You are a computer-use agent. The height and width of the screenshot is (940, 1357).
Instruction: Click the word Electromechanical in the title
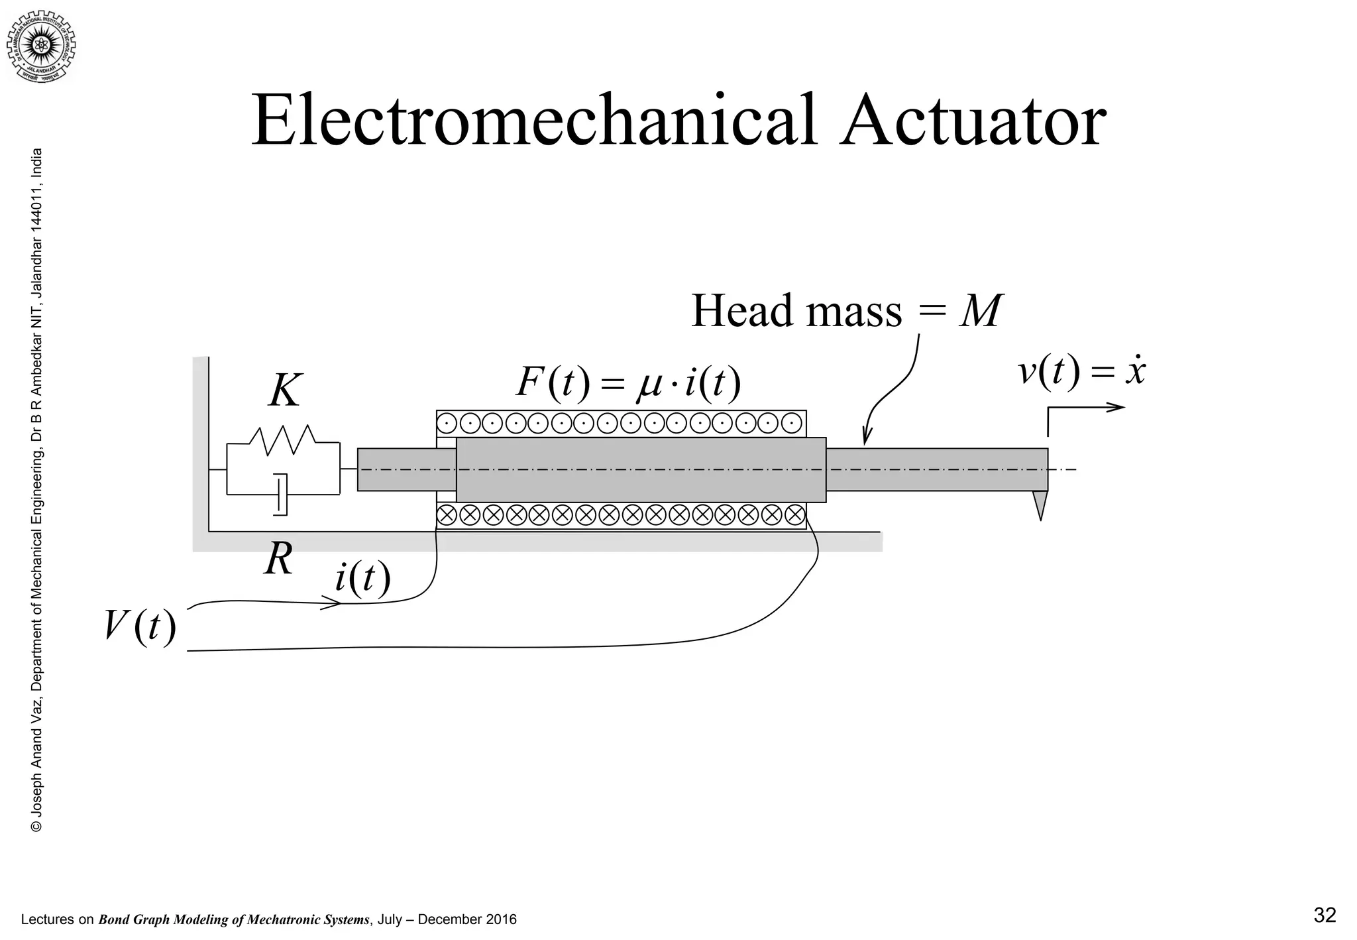point(533,122)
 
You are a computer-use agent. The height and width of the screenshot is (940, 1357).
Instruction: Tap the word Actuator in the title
point(973,122)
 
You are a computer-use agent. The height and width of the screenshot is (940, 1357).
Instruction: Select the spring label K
point(285,391)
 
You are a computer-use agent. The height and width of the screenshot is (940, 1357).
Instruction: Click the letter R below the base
point(278,560)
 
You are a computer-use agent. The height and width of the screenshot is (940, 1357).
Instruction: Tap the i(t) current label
point(362,578)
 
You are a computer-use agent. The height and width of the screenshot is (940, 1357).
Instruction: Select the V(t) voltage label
point(140,626)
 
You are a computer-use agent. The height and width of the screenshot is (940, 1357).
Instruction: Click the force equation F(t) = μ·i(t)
point(627,383)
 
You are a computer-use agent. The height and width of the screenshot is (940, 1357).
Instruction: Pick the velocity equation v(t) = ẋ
point(1081,371)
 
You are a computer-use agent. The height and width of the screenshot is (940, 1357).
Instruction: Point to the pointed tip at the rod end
point(1040,506)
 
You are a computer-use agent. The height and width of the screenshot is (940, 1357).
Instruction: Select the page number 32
point(1325,915)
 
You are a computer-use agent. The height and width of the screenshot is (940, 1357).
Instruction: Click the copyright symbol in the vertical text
point(37,826)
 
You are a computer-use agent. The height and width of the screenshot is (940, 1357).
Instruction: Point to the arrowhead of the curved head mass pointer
point(865,438)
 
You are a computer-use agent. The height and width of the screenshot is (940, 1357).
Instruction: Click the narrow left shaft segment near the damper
point(406,470)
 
